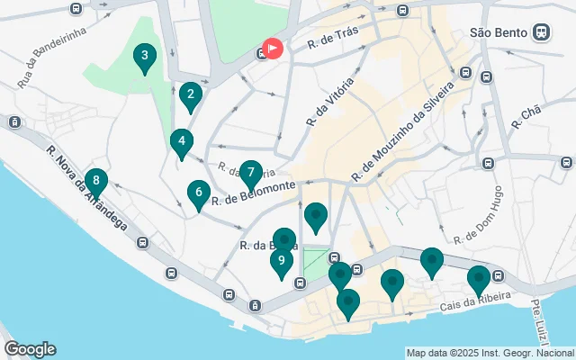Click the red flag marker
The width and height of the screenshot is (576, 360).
[272, 49]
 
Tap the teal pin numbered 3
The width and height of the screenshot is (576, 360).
[142, 58]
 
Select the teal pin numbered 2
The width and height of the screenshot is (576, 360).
[189, 94]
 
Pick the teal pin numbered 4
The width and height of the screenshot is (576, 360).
[182, 142]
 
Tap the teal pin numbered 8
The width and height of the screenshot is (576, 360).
[95, 181]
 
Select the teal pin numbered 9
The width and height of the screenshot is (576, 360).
[282, 262]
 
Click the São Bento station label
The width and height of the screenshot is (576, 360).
[499, 31]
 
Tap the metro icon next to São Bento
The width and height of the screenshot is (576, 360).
[541, 31]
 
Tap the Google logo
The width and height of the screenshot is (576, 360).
[30, 349]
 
